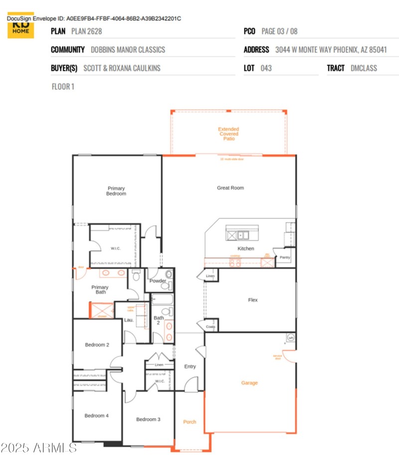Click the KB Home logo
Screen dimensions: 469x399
click(x=20, y=27)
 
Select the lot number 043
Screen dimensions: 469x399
click(x=266, y=68)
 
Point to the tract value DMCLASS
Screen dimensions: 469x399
click(x=364, y=68)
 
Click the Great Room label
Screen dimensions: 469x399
click(x=230, y=188)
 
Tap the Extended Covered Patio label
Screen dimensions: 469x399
click(x=228, y=134)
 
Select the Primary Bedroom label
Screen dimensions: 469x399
click(x=116, y=191)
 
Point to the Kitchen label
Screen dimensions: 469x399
click(x=245, y=248)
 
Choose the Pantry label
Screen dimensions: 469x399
click(x=284, y=257)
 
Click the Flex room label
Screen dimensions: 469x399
click(x=253, y=300)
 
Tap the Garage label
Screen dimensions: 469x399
click(x=249, y=383)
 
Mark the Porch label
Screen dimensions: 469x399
click(x=190, y=422)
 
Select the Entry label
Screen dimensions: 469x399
click(x=190, y=366)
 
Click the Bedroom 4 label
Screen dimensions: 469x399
click(x=97, y=416)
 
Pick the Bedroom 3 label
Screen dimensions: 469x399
click(x=148, y=419)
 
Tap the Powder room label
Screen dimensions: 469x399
click(x=158, y=281)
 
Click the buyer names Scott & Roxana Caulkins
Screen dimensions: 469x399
click(x=122, y=68)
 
